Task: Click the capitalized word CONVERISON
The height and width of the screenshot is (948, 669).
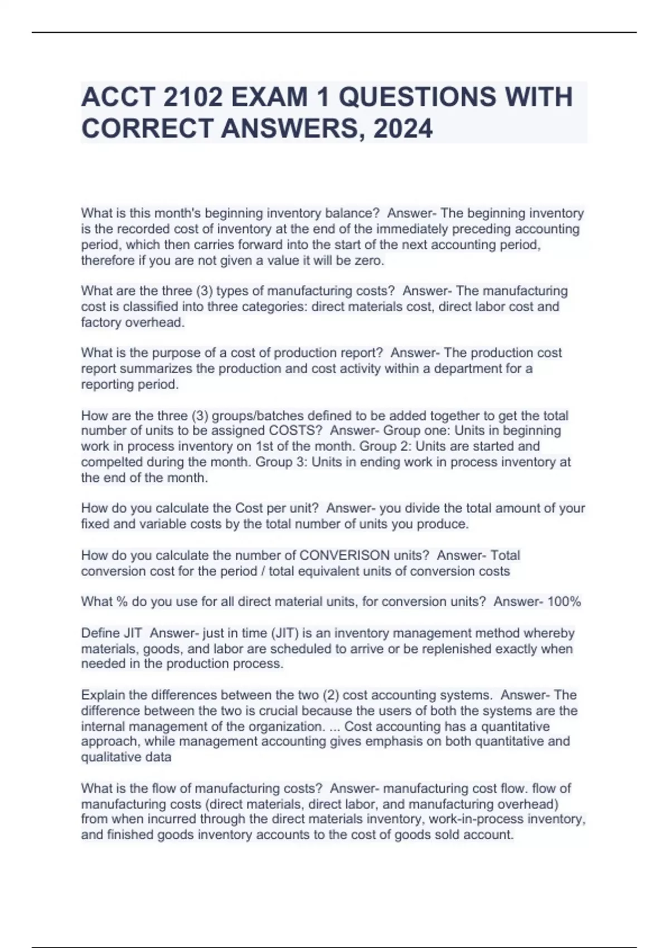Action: pos(345,555)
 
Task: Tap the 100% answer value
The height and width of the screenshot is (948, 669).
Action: pos(564,602)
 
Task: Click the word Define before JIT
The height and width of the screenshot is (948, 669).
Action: pos(100,633)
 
